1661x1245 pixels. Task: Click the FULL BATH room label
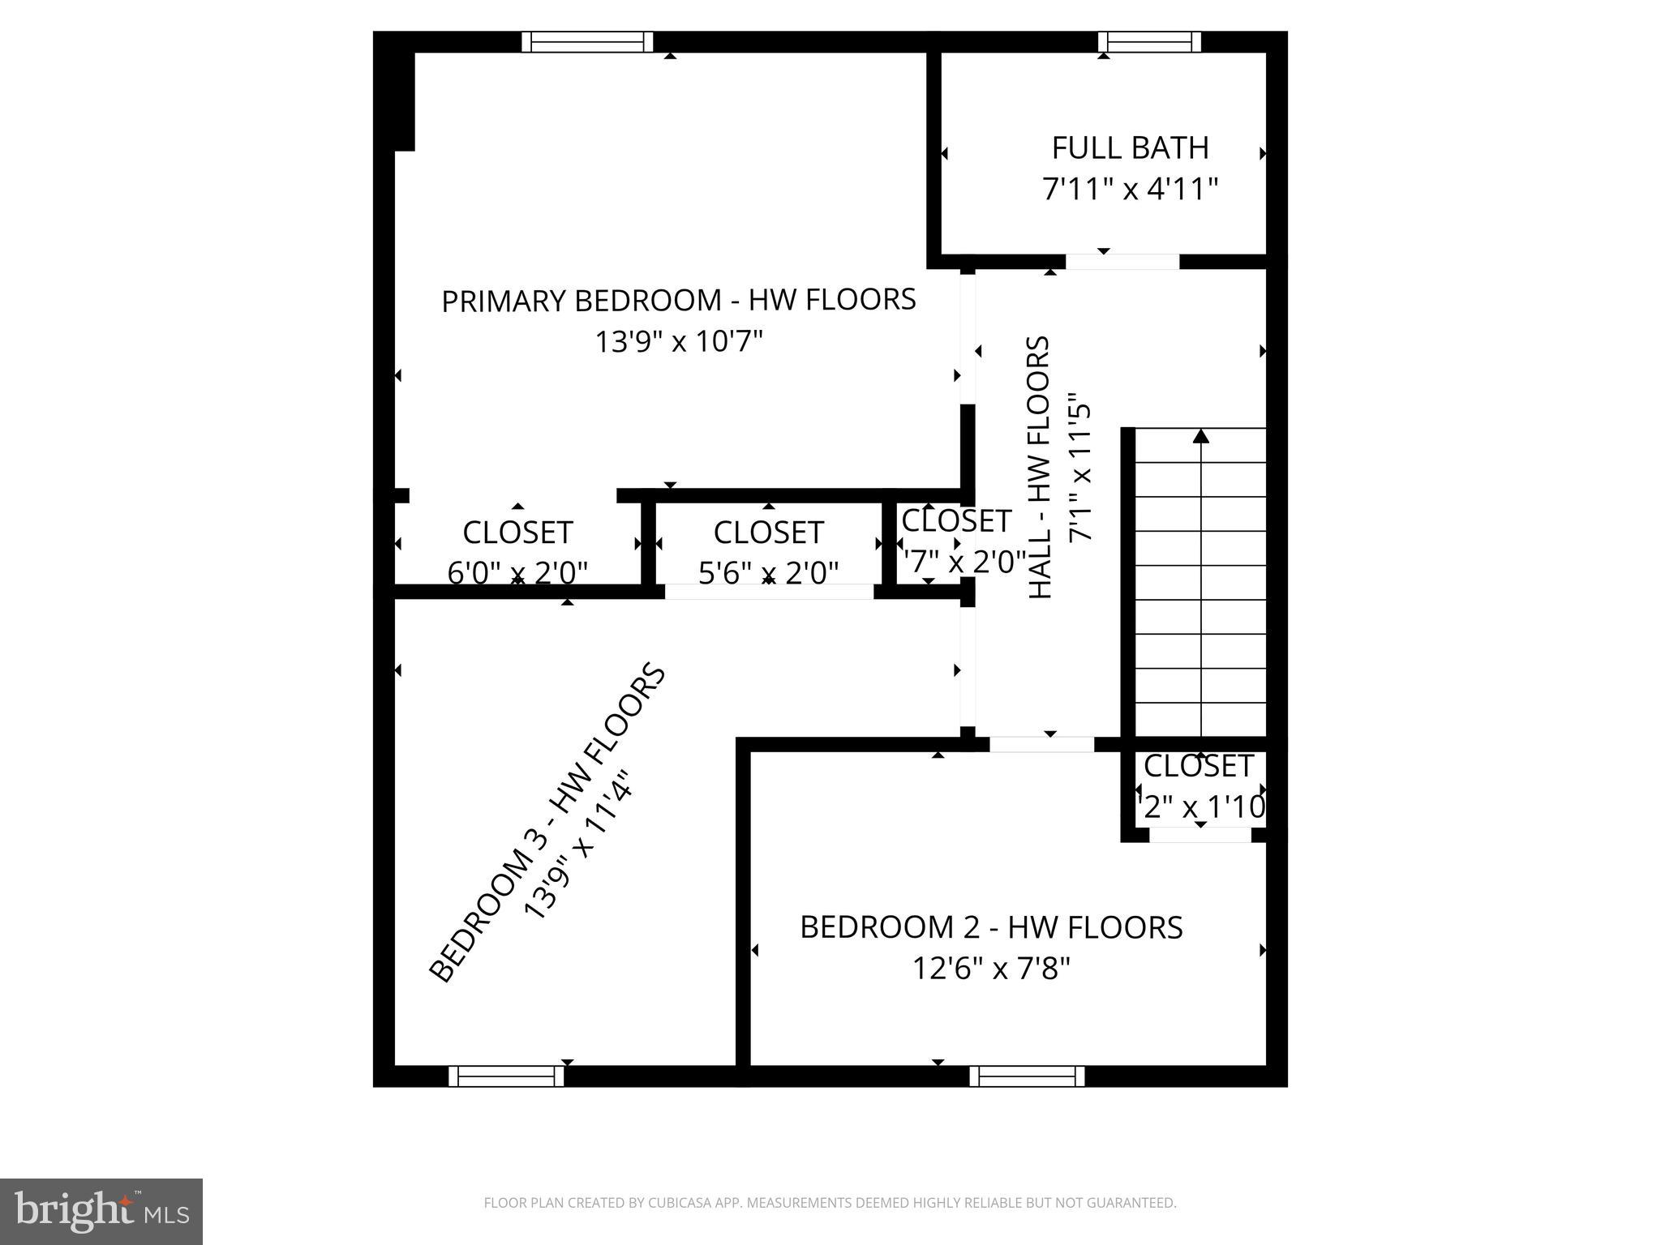click(1130, 148)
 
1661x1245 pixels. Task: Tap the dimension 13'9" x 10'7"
click(680, 342)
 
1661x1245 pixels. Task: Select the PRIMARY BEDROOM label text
click(678, 300)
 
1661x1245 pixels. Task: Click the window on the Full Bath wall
click(1149, 41)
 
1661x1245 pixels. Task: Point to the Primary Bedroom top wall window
click(586, 41)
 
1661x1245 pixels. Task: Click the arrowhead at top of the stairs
click(1201, 436)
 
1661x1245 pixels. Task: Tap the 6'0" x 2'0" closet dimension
click(517, 573)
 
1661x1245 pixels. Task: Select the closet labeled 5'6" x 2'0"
click(768, 551)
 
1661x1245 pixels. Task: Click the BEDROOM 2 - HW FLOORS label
click(991, 927)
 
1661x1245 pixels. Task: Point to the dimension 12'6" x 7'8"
click(991, 969)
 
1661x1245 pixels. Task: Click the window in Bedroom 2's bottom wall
click(1027, 1076)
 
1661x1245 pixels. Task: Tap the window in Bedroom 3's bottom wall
click(506, 1076)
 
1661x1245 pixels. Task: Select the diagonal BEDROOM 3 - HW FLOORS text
click(547, 823)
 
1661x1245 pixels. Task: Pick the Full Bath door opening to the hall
click(1122, 262)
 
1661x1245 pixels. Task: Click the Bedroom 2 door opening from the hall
click(1041, 744)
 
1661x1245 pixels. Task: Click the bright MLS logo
click(101, 1211)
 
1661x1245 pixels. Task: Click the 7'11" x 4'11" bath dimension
click(1130, 190)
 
